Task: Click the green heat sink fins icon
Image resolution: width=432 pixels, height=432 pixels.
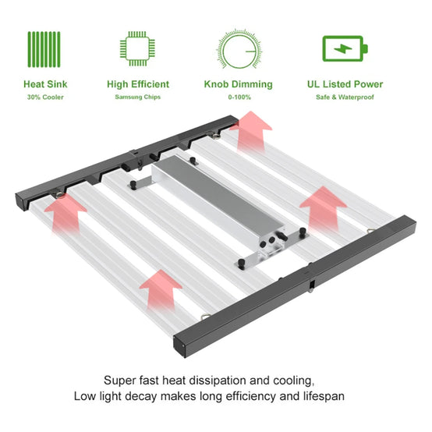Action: pos(44,49)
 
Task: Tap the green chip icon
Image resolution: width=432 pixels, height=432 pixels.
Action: pos(137,48)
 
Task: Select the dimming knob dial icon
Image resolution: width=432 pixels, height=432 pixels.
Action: pos(239,49)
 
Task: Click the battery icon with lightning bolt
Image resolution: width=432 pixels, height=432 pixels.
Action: pos(345,48)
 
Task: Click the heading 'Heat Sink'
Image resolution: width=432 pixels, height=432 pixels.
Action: pos(45,84)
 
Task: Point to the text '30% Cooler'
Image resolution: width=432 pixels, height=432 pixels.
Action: pos(45,97)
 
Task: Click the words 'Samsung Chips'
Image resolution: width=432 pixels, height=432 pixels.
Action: pos(138,97)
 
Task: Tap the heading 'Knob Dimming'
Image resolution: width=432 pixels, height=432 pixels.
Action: pos(239,84)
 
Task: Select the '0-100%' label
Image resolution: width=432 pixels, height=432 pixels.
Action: pos(239,97)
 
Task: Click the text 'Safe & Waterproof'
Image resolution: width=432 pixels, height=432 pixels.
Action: pos(345,97)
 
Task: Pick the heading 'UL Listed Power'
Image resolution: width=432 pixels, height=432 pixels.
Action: pos(345,84)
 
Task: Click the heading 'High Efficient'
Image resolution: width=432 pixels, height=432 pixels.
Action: pos(138,84)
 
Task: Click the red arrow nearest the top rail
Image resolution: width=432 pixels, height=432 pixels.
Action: pos(251,132)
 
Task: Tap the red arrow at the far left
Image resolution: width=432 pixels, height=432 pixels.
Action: pos(66,213)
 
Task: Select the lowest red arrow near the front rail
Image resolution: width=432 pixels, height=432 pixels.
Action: pos(161,290)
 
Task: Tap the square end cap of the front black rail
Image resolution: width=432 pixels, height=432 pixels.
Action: pos(179,346)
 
